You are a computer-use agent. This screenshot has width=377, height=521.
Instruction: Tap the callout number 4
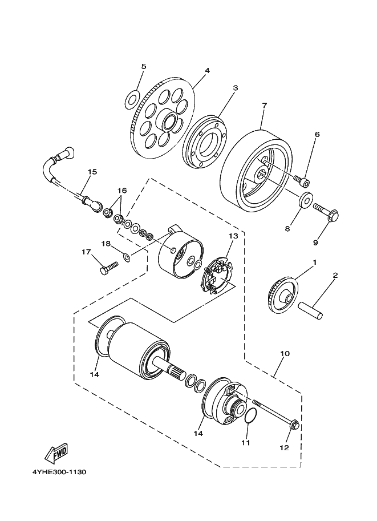click(x=207, y=70)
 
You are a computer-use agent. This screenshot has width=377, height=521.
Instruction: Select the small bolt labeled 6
click(x=302, y=181)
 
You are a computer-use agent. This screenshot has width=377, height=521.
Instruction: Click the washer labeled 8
click(x=305, y=199)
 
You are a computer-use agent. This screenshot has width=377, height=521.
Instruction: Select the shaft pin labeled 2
click(x=310, y=310)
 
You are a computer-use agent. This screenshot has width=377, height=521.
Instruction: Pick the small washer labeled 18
click(x=127, y=257)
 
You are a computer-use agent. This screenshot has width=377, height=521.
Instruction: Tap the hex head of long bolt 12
click(x=294, y=425)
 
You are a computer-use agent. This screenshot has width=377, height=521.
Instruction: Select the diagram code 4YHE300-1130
click(x=59, y=472)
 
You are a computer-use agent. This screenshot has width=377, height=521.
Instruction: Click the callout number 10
click(x=285, y=354)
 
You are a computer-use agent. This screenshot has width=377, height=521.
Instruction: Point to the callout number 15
click(x=92, y=172)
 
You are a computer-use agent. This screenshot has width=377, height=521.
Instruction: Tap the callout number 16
click(x=122, y=191)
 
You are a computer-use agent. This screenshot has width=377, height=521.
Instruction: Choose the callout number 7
click(x=265, y=106)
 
